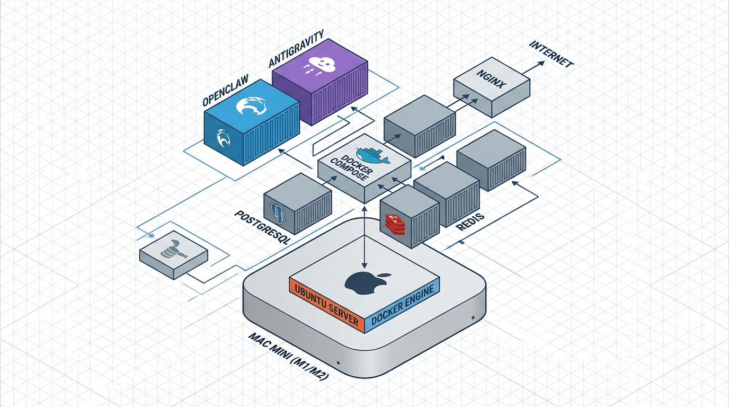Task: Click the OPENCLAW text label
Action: click(226, 93)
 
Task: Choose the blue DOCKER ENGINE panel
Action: click(403, 305)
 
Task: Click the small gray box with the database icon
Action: click(173, 254)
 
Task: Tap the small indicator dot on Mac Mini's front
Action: click(472, 317)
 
